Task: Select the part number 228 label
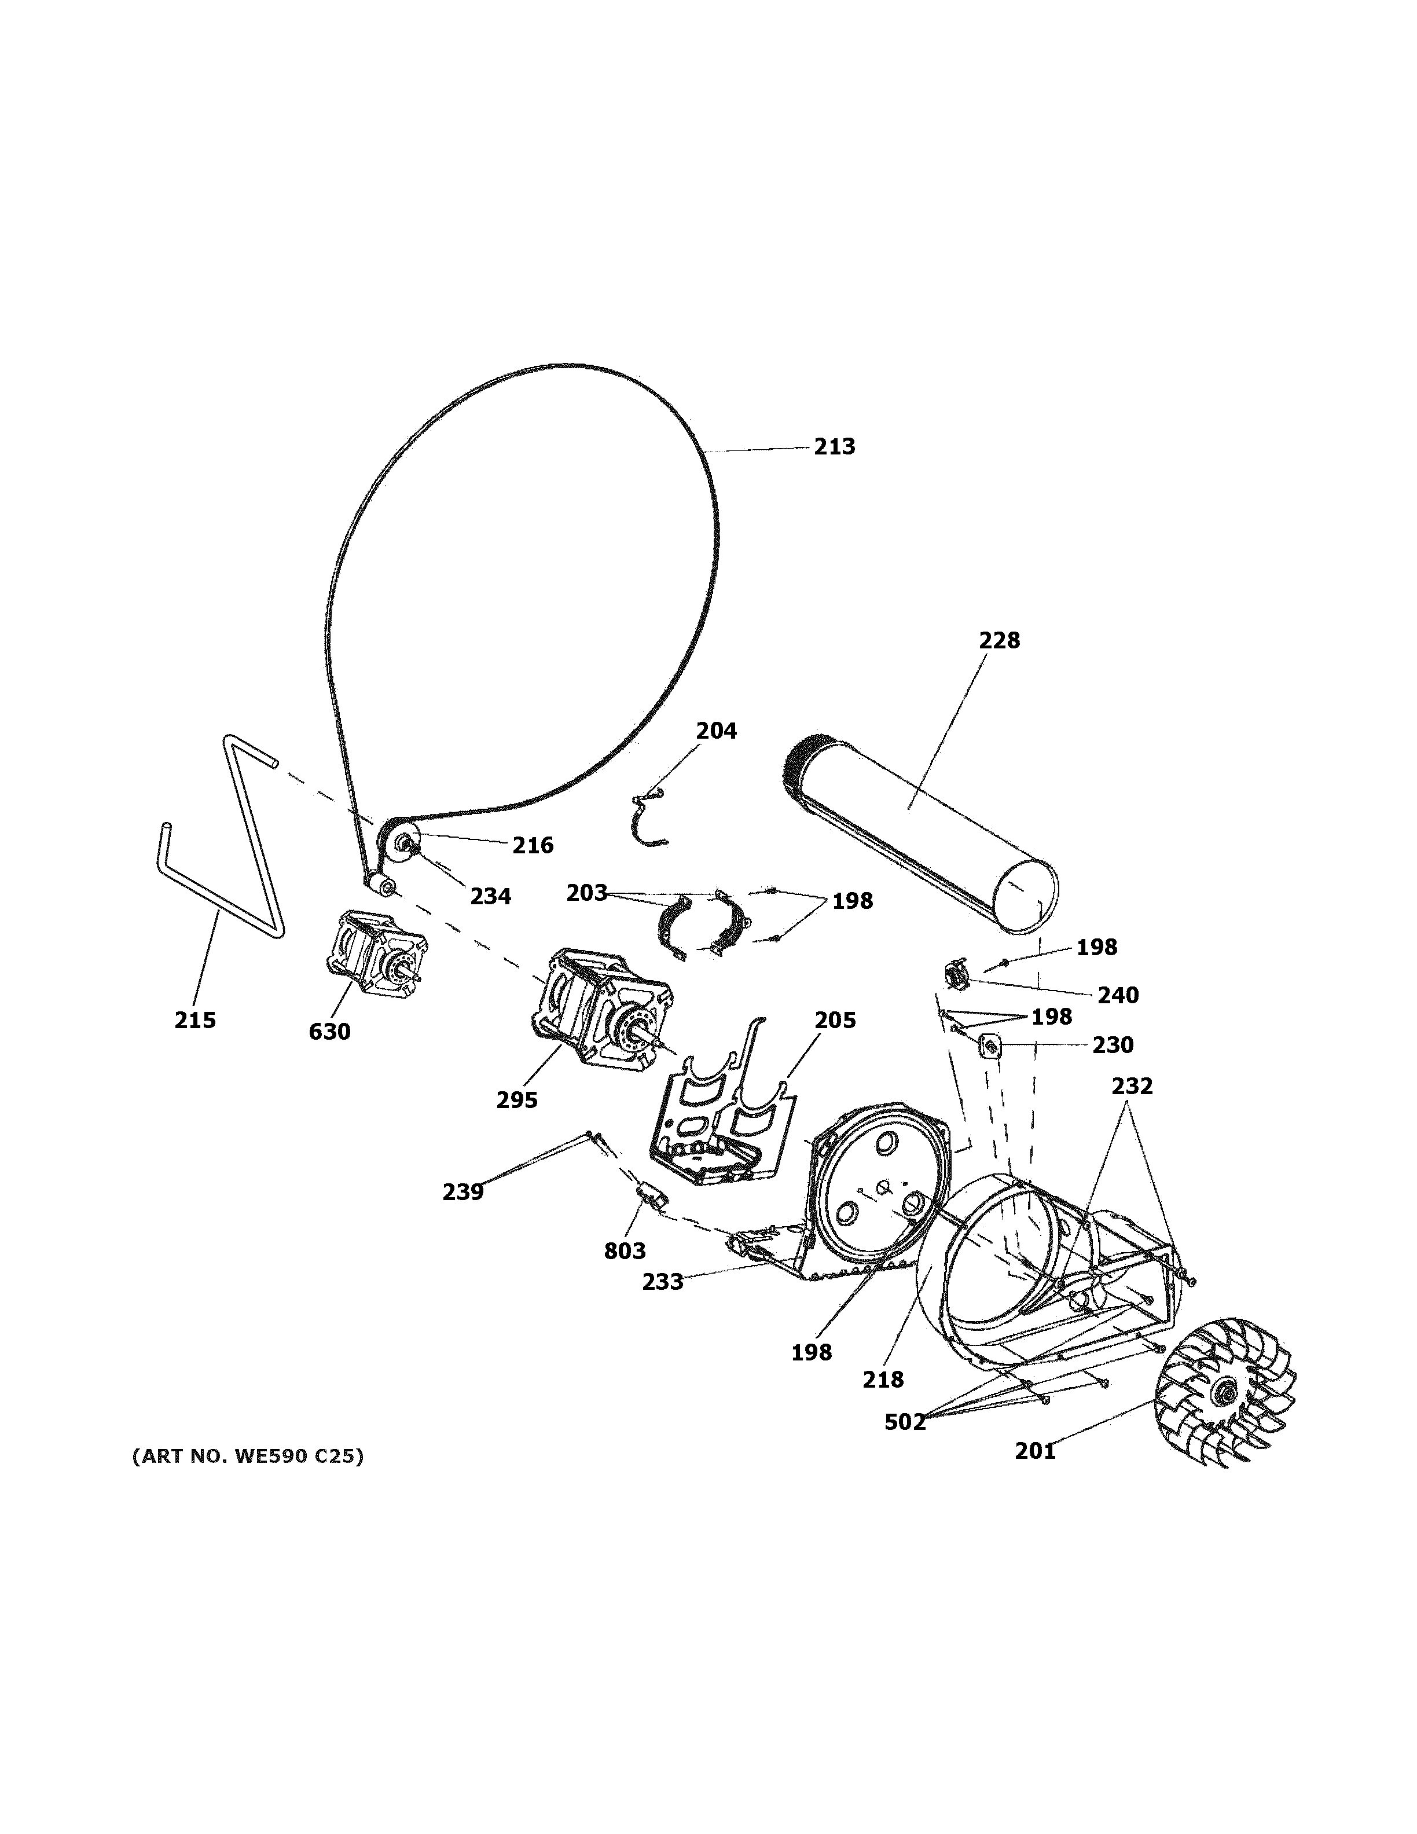point(999,641)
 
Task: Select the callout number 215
point(194,1020)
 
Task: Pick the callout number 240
point(1117,995)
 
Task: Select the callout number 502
point(904,1422)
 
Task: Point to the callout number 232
point(1132,1086)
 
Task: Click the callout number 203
point(586,893)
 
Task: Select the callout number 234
point(490,896)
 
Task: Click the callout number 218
point(883,1379)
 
